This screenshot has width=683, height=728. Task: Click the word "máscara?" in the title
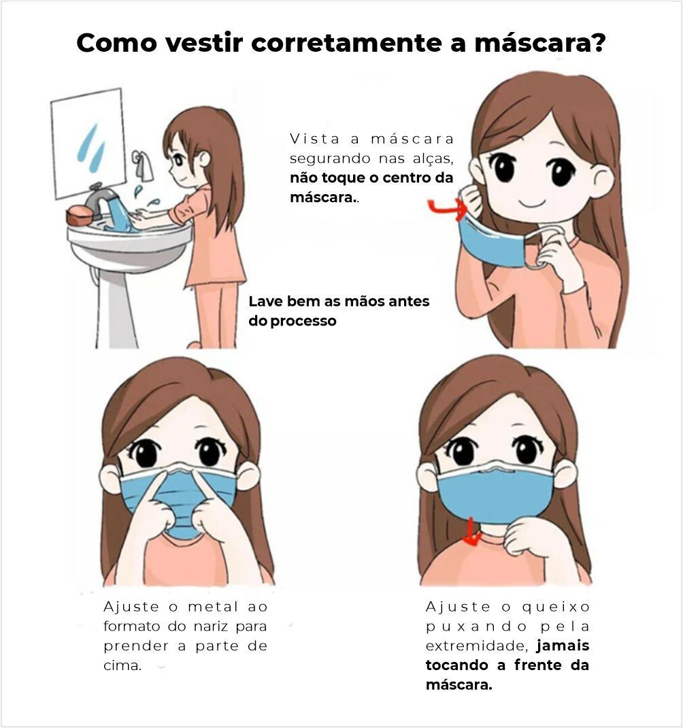pos(540,43)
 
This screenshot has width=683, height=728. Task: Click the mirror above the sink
pos(88,144)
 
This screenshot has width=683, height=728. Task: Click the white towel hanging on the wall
pos(144,165)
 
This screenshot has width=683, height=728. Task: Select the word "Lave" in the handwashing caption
pos(266,301)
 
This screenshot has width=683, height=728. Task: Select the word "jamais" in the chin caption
pos(563,646)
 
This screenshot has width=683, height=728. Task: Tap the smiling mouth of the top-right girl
pos(532,204)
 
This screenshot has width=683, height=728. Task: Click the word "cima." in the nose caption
pos(122,666)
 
